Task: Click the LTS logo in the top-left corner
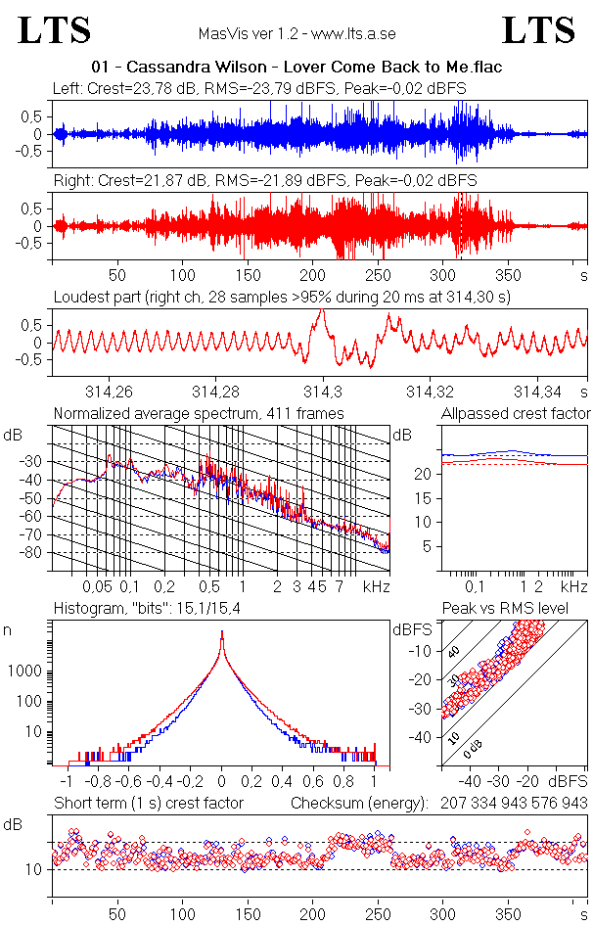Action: [55, 31]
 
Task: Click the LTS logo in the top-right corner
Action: [538, 31]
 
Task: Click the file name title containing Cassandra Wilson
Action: [296, 68]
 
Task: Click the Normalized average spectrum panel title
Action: [199, 414]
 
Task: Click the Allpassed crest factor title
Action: [516, 414]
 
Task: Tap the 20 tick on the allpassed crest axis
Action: [425, 474]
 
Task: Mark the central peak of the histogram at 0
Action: [222, 636]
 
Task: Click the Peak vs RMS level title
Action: [519, 610]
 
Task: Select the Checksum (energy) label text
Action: [360, 804]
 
